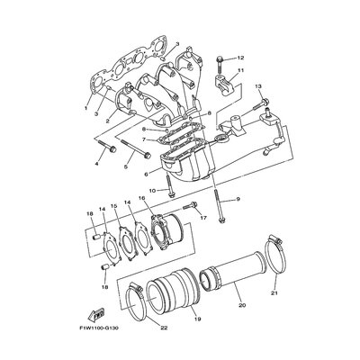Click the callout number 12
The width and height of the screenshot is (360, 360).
point(241,58)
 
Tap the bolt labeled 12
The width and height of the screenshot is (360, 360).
point(220,67)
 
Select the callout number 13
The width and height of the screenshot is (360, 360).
point(258,86)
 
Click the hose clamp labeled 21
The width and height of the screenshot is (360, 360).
point(275,254)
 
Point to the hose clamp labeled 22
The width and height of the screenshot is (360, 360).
point(137,301)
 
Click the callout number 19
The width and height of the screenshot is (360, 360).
point(197,319)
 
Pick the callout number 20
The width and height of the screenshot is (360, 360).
point(242,305)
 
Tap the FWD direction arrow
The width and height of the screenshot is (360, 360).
point(95,314)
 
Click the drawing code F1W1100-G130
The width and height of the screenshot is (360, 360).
point(99,328)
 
